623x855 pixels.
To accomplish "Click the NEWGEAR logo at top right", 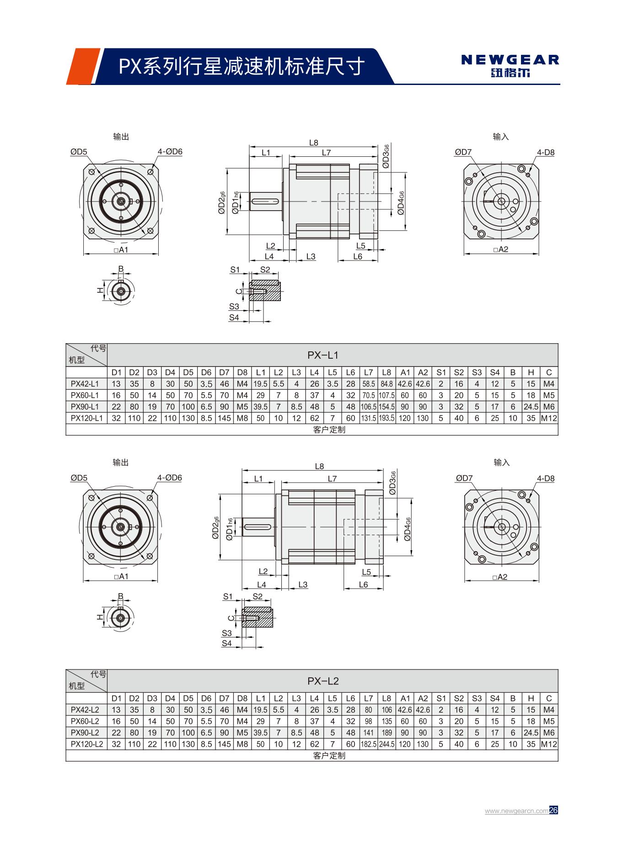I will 510,65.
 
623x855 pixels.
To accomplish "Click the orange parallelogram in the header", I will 82,67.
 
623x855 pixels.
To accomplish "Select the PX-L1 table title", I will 322,355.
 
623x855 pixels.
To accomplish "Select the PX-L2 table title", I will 322,681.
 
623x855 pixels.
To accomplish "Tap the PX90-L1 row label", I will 85,407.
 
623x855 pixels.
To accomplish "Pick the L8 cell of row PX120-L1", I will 387,418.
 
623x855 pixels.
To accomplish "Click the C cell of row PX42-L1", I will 549,384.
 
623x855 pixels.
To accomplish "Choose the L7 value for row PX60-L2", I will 369,721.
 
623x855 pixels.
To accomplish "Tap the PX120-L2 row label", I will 86,744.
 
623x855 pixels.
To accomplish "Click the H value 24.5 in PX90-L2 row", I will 531,733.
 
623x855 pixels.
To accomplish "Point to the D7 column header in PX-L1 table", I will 224,372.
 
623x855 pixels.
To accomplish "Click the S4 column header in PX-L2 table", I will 495,698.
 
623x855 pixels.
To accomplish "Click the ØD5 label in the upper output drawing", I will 79,152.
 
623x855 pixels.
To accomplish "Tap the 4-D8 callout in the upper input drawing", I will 545,153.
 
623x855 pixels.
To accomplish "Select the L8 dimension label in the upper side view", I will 313,143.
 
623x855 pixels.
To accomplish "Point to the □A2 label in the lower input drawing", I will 500,577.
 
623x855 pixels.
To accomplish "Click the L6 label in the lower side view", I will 363,584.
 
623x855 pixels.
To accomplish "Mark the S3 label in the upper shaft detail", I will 234,307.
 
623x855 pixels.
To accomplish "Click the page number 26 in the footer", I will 553,810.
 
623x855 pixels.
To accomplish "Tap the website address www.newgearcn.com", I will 516,811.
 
